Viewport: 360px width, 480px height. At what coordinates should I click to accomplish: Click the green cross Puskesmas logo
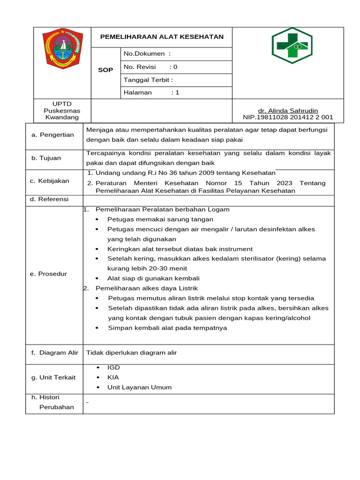pyautogui.click(x=292, y=45)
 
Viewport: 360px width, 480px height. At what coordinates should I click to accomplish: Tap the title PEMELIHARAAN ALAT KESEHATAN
pyautogui.click(x=162, y=37)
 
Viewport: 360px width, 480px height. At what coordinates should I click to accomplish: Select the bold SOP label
pyautogui.click(x=105, y=70)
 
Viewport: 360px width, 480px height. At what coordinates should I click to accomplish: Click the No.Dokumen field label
pyautogui.click(x=147, y=54)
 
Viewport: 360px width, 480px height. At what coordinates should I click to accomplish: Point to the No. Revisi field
pyautogui.click(x=150, y=67)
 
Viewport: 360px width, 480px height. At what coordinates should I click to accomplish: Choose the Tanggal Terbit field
pyautogui.click(x=148, y=80)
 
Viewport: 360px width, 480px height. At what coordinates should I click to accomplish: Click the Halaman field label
pyautogui.click(x=151, y=93)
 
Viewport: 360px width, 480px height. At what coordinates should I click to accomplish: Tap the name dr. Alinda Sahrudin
pyautogui.click(x=288, y=111)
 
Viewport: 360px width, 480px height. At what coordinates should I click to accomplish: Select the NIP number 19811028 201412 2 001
pyautogui.click(x=288, y=117)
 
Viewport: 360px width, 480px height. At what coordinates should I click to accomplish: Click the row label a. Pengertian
pyautogui.click(x=52, y=135)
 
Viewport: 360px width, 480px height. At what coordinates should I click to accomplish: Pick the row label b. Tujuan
pyautogui.click(x=46, y=158)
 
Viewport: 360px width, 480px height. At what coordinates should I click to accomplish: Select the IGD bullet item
pyautogui.click(x=113, y=367)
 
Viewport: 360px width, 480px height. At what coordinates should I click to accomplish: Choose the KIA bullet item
pyautogui.click(x=113, y=377)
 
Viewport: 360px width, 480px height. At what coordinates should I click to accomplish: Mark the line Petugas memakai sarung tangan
pyautogui.click(x=160, y=219)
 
